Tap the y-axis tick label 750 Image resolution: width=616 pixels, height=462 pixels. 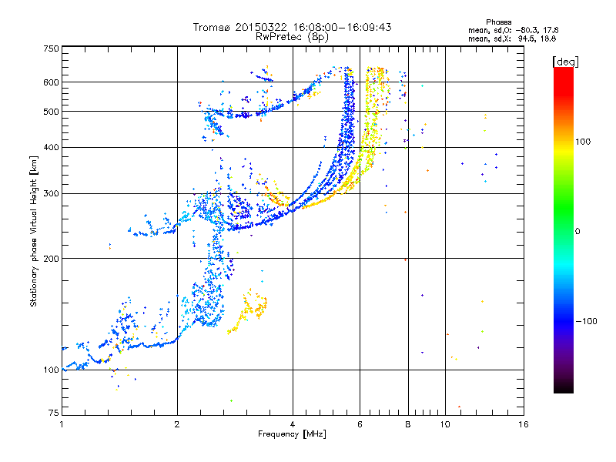pyautogui.click(x=51, y=48)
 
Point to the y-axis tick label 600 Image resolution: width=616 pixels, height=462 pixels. pyautogui.click(x=51, y=82)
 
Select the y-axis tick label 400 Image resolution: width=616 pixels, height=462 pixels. pyautogui.click(x=51, y=147)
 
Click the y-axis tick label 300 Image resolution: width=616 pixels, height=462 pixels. pyautogui.click(x=51, y=193)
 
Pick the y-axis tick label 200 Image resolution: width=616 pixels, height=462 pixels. pyautogui.click(x=51, y=258)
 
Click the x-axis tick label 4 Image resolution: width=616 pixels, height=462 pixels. pyautogui.click(x=293, y=424)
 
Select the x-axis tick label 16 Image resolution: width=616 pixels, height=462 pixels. pyautogui.click(x=524, y=424)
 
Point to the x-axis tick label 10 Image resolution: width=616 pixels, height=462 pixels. pyautogui.click(x=445, y=424)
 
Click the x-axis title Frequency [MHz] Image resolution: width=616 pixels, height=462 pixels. pyautogui.click(x=292, y=434)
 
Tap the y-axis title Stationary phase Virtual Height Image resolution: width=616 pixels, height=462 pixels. pyautogui.click(x=34, y=231)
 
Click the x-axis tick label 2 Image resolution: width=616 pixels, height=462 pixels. pyautogui.click(x=177, y=424)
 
